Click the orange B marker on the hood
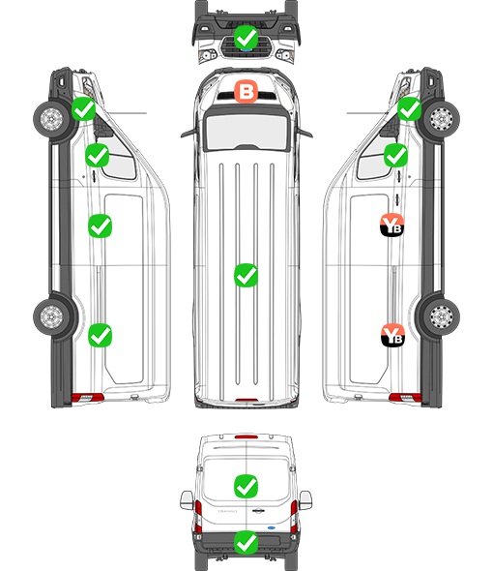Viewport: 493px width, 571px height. pyautogui.click(x=246, y=92)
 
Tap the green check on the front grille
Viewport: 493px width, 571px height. pyautogui.click(x=246, y=37)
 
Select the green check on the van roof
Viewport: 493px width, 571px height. pyautogui.click(x=246, y=275)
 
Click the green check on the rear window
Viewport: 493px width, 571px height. pyautogui.click(x=246, y=486)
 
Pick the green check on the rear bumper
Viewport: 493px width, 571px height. pyautogui.click(x=246, y=542)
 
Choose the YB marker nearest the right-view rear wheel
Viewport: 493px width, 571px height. pyautogui.click(x=392, y=335)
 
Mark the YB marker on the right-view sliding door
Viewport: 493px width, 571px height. pyautogui.click(x=392, y=225)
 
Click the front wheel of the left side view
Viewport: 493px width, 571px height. pyautogui.click(x=51, y=118)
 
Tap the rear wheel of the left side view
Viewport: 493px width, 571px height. pyautogui.click(x=51, y=316)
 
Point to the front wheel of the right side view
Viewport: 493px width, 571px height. pyautogui.click(x=442, y=118)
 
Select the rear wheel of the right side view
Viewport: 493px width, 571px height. pyautogui.click(x=442, y=316)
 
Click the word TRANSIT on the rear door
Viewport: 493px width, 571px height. pyautogui.click(x=227, y=511)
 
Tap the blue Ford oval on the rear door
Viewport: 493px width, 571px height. pyautogui.click(x=271, y=527)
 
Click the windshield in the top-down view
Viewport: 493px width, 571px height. pyautogui.click(x=246, y=132)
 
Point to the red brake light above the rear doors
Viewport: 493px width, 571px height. pyautogui.click(x=246, y=436)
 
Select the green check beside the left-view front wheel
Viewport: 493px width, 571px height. pyautogui.click(x=83, y=109)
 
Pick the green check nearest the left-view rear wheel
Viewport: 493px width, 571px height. pyautogui.click(x=101, y=335)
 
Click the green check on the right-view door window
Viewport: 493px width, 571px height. pyautogui.click(x=396, y=155)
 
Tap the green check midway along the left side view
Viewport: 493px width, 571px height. pyautogui.click(x=101, y=225)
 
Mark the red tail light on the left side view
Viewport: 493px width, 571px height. pyautogui.click(x=87, y=398)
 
